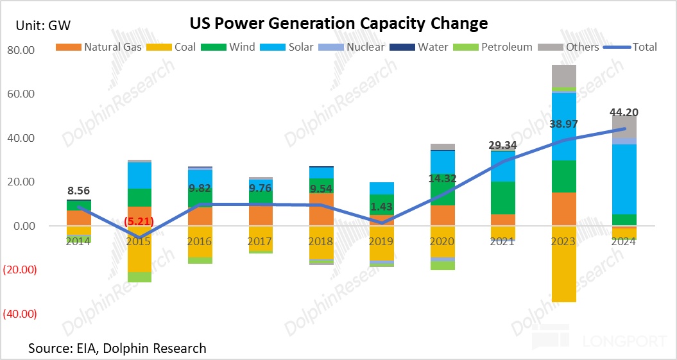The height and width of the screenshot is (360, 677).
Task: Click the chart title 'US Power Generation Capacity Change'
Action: coord(338,24)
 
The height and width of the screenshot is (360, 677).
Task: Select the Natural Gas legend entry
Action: coord(102,47)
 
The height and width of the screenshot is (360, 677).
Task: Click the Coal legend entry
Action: coord(182,47)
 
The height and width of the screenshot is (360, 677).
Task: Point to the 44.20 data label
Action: coord(624,113)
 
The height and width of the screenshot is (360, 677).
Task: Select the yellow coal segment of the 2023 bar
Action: coord(563,263)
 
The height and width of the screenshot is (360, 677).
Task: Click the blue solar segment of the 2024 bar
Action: coord(624,179)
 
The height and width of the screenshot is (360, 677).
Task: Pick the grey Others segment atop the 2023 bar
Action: coord(563,75)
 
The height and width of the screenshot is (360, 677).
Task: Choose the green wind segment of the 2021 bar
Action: coord(502,198)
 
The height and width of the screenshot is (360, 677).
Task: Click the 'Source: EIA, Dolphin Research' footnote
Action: coord(117,348)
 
